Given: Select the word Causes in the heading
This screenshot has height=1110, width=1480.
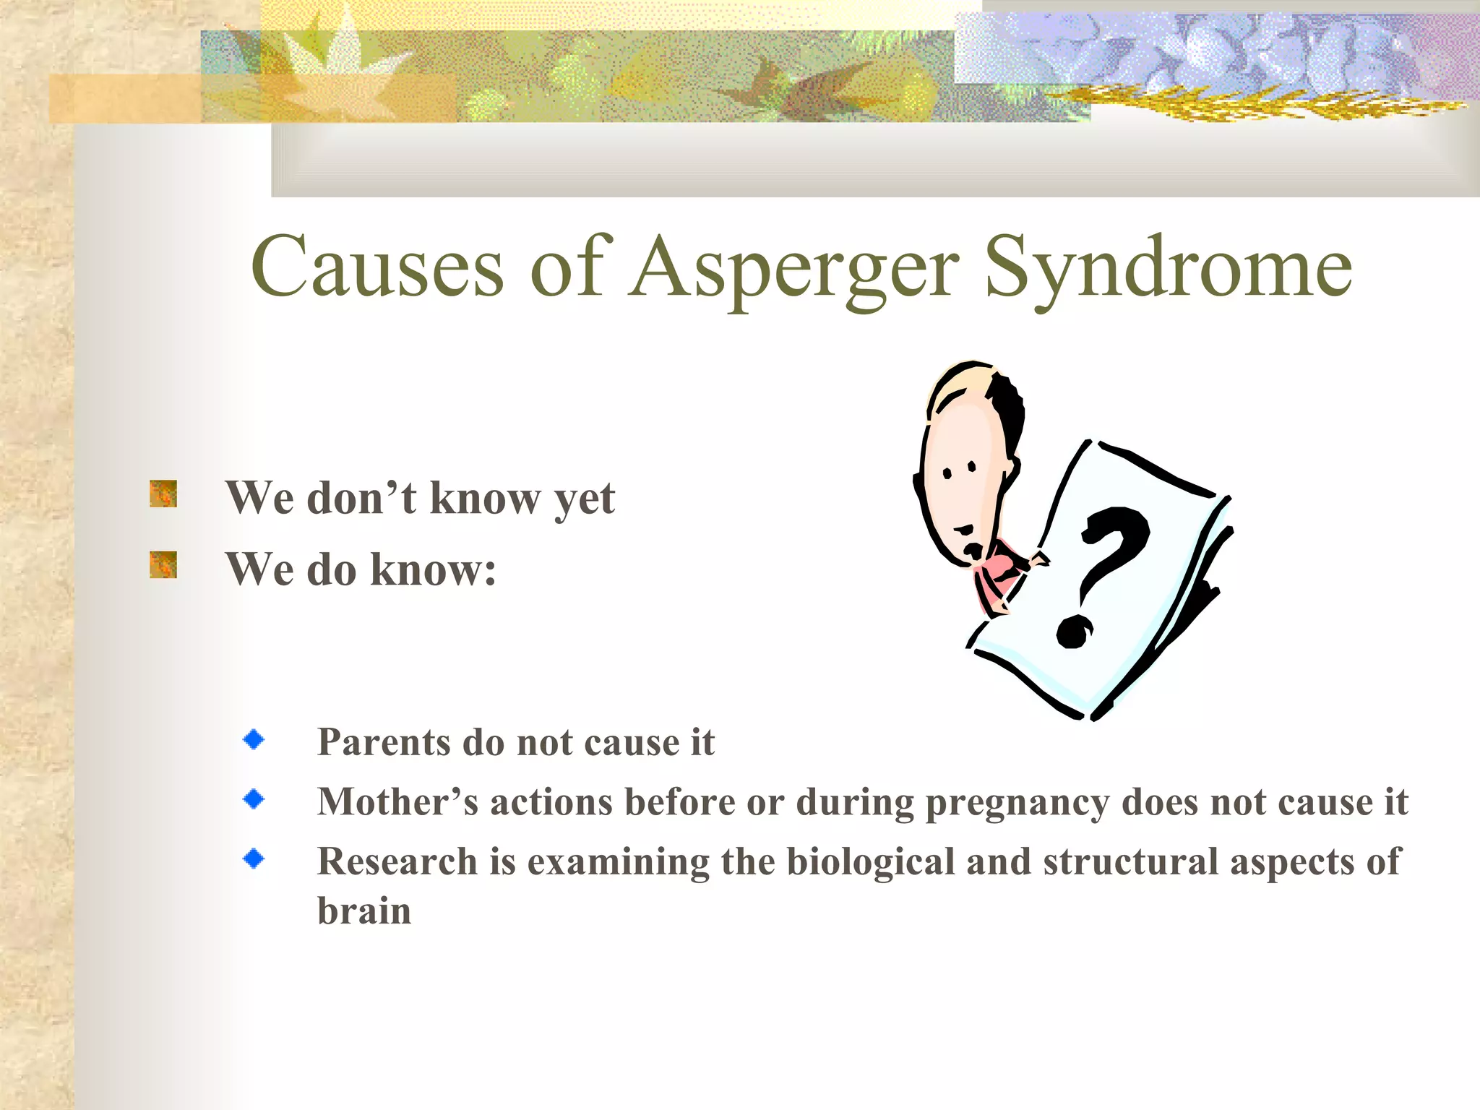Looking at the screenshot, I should pos(377,267).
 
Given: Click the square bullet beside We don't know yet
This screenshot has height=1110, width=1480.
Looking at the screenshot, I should pos(163,494).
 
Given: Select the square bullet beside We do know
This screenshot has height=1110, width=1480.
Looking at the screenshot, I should pos(163,564).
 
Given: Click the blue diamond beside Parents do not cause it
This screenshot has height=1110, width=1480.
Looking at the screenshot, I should pos(254,739).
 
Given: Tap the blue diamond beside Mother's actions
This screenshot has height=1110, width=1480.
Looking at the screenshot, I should pos(254,799).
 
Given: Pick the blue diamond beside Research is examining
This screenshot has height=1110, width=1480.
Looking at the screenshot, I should pos(254,859).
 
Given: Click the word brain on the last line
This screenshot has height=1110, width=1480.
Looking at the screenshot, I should pos(363,911).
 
